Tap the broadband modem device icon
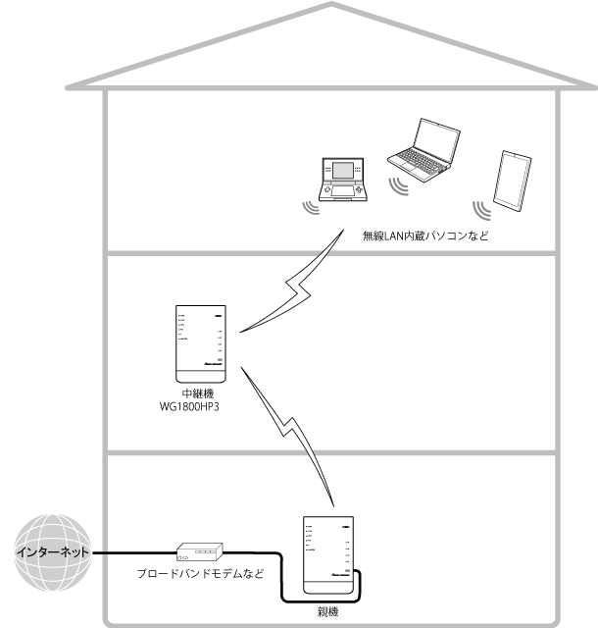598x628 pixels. click(200, 551)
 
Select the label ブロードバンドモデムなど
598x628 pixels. click(200, 575)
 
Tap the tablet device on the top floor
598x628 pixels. click(511, 181)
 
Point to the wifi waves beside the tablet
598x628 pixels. click(480, 209)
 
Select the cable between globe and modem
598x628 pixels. click(132, 554)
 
